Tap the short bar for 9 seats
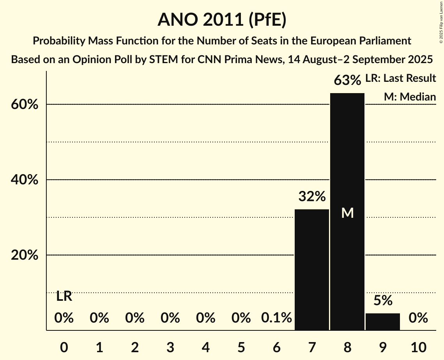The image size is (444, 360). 383,321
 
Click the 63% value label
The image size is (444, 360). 347,81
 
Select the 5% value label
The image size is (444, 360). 383,300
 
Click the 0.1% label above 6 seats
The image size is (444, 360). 276,318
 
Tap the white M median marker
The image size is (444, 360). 347,213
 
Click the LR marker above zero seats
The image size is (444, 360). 64,296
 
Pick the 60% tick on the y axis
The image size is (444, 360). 27,105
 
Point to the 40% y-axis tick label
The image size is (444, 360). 27,180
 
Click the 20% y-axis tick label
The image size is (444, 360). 27,255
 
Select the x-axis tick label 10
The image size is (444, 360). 418,346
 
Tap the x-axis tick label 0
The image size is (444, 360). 64,346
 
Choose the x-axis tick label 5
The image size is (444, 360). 241,346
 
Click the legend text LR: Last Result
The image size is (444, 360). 400,78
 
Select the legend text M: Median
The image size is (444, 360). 410,97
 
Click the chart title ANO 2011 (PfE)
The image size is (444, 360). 222,20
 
